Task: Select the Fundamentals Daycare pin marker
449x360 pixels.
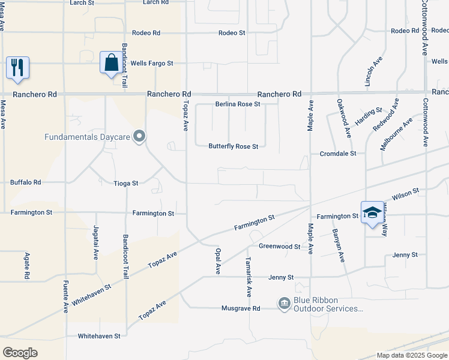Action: (140, 137)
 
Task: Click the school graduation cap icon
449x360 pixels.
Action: (372, 213)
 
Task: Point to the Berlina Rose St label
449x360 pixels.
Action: (238, 104)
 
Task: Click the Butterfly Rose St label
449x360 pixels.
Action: (233, 146)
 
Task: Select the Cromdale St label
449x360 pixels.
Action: (338, 154)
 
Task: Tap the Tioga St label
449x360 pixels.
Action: (126, 183)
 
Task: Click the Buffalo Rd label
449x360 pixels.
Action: (25, 182)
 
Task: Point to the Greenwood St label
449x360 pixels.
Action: (280, 247)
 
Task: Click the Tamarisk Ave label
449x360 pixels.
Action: (249, 277)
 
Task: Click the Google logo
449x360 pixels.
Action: (20, 353)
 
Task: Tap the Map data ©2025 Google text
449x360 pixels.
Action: (411, 355)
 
